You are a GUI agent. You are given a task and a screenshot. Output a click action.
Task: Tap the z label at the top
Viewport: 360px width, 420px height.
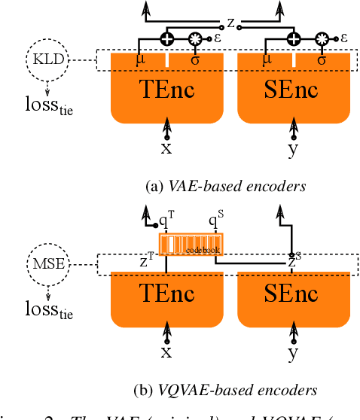tap(231, 23)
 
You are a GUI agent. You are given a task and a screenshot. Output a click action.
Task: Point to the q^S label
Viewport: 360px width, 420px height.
tap(217, 221)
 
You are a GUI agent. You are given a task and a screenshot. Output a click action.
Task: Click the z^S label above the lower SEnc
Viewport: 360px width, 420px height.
tap(293, 260)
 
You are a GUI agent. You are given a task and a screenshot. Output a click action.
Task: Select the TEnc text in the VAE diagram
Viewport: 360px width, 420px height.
tap(166, 90)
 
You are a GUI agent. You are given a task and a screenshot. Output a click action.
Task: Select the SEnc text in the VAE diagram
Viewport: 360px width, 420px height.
tap(293, 90)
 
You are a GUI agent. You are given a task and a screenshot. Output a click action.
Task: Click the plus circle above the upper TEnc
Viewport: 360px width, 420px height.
tap(167, 38)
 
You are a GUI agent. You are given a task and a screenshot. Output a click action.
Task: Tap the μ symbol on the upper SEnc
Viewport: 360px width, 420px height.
tap(267, 57)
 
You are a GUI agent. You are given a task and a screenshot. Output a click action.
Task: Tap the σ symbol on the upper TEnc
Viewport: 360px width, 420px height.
tap(195, 57)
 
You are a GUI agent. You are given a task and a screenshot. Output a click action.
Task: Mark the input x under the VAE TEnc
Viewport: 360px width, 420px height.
tap(166, 148)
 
